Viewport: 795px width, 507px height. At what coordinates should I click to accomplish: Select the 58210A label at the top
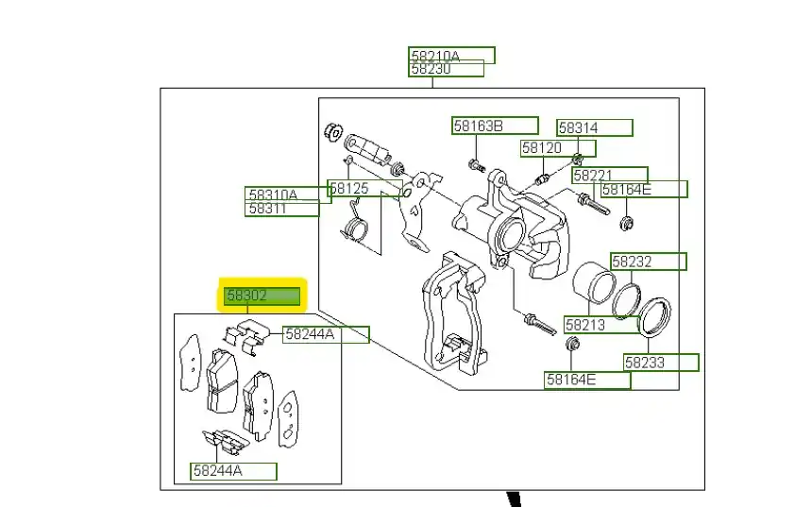450,55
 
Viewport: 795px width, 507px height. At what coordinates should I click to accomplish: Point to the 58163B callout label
494,126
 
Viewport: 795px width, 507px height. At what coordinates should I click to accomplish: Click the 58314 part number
594,127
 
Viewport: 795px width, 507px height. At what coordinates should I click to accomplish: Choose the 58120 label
553,148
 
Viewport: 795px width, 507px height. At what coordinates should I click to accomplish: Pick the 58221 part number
609,175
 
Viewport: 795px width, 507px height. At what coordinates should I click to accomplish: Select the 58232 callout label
648,261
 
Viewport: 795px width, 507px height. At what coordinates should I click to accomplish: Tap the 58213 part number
601,325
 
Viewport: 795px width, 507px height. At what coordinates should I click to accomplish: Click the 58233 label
660,362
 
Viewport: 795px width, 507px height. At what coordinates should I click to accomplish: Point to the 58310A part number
288,194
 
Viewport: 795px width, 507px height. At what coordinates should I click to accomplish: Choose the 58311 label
282,209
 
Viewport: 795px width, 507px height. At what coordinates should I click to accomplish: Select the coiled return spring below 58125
353,228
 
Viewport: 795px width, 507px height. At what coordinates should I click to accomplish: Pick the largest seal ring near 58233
654,315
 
